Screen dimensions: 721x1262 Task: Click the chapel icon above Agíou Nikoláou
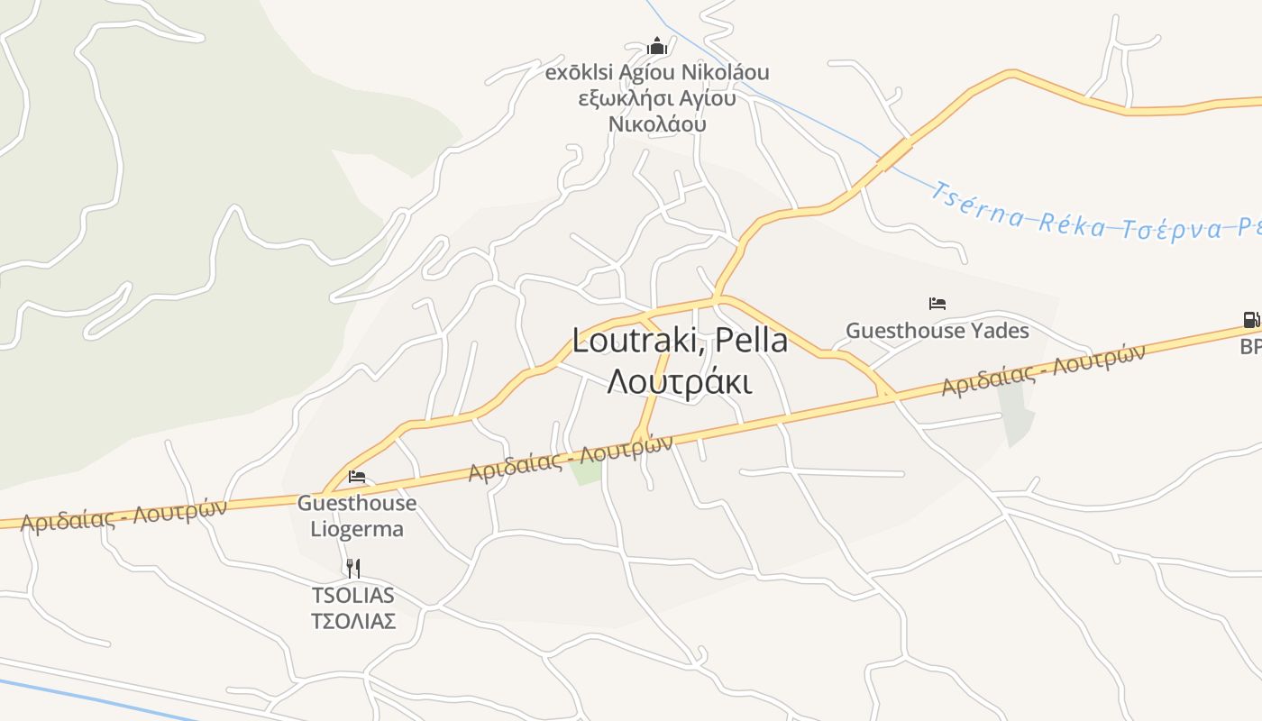[658, 45]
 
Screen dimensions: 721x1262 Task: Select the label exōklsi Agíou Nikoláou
[657, 71]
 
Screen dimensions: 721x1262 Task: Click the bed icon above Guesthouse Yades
[937, 304]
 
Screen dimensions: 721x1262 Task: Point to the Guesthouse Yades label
[937, 331]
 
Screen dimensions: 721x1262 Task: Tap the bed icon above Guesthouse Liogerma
[357, 476]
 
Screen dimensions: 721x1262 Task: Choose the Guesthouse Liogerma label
[357, 516]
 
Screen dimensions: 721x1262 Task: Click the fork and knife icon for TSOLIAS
[353, 568]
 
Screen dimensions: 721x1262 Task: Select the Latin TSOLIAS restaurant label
[353, 595]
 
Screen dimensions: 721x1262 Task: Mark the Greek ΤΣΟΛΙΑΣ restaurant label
[353, 621]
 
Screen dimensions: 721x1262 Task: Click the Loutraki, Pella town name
[680, 341]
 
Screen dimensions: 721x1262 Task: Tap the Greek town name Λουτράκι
[680, 382]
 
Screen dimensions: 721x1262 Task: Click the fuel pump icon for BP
[1251, 320]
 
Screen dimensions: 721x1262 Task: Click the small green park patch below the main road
[587, 471]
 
